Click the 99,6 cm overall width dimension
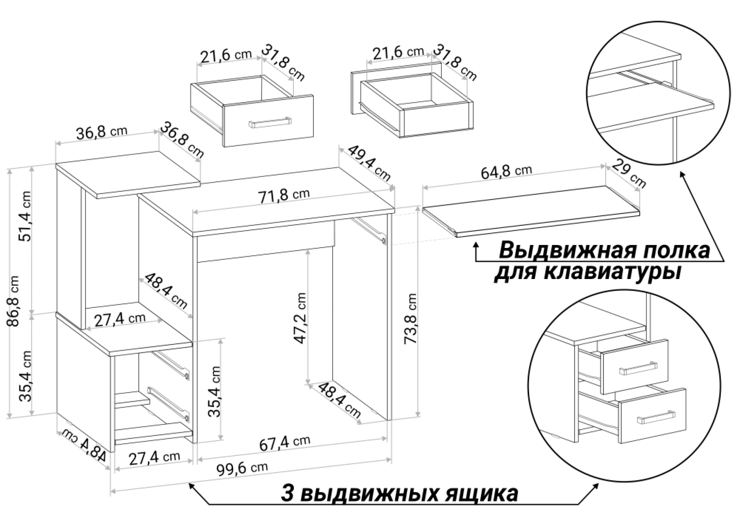pos(242,469)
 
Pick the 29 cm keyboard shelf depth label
pos(629,173)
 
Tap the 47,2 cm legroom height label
pos(300,318)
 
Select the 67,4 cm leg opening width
pos(285,442)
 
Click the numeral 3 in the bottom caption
pos(287,494)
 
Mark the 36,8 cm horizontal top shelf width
pos(102,132)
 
